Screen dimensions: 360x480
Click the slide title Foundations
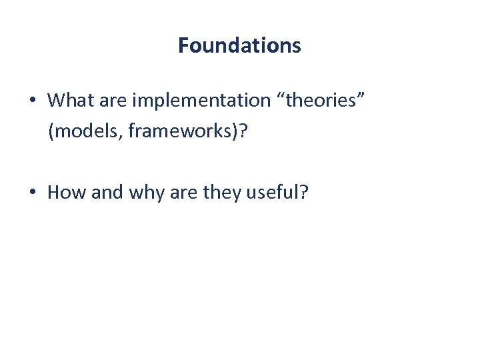tap(239, 45)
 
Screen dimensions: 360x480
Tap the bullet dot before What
tap(32, 101)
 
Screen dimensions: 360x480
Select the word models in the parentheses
tap(85, 131)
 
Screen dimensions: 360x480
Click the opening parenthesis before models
tap(51, 131)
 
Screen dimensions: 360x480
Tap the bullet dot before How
tap(32, 193)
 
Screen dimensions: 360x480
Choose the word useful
tap(272, 193)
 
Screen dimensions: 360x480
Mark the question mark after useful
tap(304, 193)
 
